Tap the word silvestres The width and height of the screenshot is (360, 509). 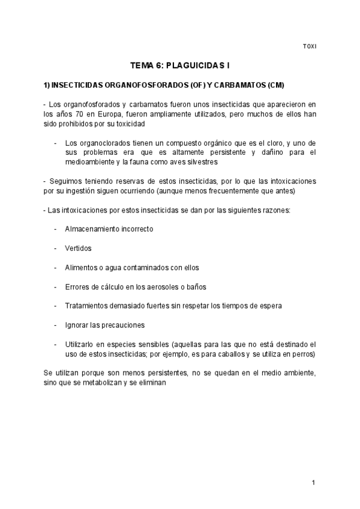point(198,162)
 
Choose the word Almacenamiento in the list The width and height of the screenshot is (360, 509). point(91,229)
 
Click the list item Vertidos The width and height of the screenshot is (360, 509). point(78,248)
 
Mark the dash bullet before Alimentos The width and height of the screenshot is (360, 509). point(55,267)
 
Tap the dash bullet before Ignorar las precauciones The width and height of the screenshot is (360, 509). point(55,325)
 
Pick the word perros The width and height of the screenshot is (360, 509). point(303,354)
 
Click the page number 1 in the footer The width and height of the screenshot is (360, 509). point(313,483)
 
